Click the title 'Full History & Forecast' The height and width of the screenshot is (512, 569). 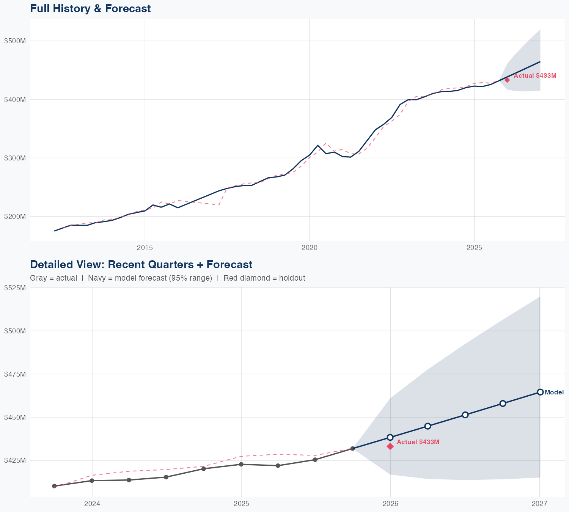point(90,9)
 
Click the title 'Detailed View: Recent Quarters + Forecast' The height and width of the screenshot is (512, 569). point(141,264)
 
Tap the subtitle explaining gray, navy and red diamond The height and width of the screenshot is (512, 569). point(167,278)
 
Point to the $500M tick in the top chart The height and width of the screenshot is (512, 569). point(15,41)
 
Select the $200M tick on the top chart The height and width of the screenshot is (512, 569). point(15,217)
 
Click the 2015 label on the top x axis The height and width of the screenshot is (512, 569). point(145,248)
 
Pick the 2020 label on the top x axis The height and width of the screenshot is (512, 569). point(309,248)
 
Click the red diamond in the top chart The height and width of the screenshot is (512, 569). point(507,80)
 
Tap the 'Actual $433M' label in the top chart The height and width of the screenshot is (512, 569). point(535,76)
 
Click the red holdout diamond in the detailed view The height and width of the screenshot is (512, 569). point(390,446)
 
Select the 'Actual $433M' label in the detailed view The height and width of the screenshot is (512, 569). point(418,442)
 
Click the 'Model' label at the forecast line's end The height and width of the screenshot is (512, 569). point(554,393)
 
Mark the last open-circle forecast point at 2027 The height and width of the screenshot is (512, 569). point(540,392)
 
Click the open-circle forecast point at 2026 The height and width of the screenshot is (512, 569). point(390,437)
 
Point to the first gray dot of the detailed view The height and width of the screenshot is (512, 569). point(54,486)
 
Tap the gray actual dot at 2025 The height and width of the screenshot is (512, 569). point(241,464)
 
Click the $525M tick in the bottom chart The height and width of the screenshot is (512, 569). point(15,288)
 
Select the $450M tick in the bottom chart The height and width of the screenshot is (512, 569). point(15,418)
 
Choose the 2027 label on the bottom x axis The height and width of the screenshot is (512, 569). point(539,504)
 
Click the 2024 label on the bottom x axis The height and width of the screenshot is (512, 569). point(92,504)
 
